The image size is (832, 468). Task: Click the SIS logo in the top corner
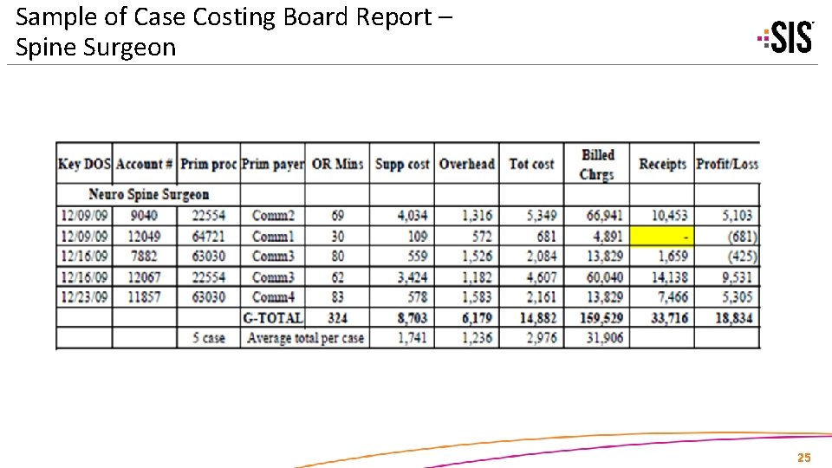786,36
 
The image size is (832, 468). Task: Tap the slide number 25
803,458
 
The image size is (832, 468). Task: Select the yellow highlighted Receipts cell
662,236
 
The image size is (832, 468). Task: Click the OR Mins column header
337,164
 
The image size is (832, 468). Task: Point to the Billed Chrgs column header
597,164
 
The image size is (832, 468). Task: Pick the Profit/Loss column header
726,164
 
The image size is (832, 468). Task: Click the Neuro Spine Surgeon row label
149,194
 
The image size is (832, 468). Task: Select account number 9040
144,215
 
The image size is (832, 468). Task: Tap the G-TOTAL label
273,318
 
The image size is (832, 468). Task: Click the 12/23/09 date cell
84,297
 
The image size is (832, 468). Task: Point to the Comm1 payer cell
273,236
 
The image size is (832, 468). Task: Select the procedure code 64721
208,236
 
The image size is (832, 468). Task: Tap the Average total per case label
305,338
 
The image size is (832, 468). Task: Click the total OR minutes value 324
338,318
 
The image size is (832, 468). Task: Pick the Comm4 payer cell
273,297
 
